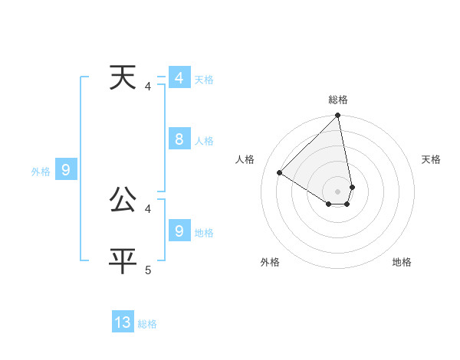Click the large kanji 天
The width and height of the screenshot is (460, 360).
(x=123, y=78)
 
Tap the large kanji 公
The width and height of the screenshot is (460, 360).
(x=123, y=200)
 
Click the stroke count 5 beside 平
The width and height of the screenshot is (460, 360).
(x=148, y=270)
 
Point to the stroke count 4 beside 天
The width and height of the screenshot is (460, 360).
(x=148, y=87)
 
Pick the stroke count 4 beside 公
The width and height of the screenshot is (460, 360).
(x=148, y=208)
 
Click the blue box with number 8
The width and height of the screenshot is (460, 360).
(x=179, y=139)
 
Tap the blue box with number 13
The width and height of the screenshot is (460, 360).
(x=123, y=322)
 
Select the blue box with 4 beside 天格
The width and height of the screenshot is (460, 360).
(x=179, y=78)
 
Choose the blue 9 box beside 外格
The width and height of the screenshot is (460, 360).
(x=66, y=170)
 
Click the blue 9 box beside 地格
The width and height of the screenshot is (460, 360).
(x=179, y=231)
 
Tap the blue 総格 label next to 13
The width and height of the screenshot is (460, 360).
(x=147, y=324)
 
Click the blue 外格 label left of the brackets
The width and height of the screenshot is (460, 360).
(x=41, y=172)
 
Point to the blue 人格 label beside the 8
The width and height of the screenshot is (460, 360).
(x=204, y=141)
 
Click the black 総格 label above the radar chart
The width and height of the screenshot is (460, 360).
(x=338, y=100)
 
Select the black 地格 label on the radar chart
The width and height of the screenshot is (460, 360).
(x=402, y=262)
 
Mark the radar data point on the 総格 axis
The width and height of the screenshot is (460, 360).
(x=338, y=116)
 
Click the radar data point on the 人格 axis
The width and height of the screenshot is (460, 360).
(x=280, y=173)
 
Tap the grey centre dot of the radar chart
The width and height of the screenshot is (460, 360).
(x=338, y=191)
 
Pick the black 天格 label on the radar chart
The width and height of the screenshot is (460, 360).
(x=431, y=159)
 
